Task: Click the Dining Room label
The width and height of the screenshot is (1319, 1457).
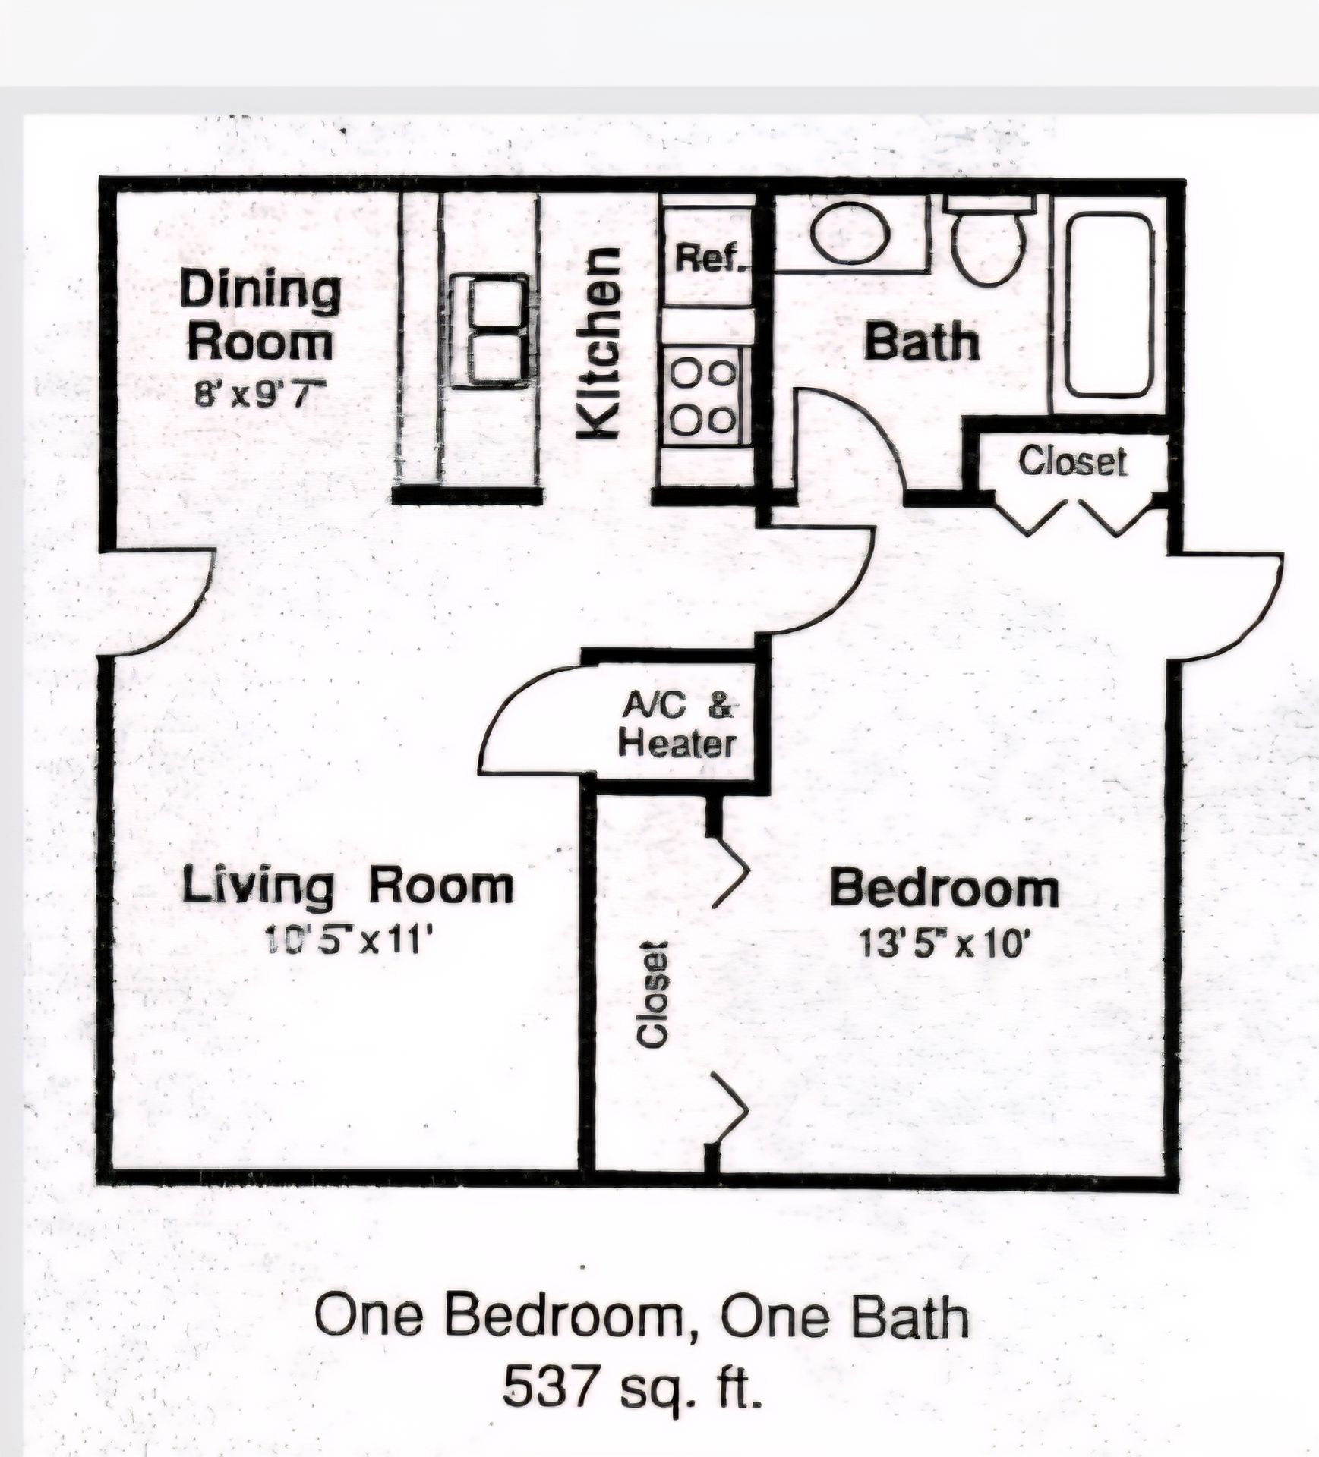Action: (260, 316)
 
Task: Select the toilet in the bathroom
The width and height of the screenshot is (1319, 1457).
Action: (989, 240)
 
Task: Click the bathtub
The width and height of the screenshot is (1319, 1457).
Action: (1110, 304)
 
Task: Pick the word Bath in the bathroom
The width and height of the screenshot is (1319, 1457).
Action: (922, 341)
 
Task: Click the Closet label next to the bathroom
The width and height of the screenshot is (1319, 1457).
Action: (1073, 461)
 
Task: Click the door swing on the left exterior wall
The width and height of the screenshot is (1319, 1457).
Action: (159, 601)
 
